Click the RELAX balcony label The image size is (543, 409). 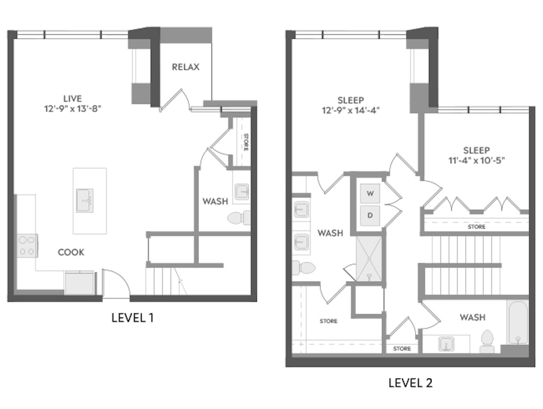(186, 67)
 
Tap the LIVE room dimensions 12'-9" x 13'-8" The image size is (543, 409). (73, 109)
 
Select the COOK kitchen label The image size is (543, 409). (71, 252)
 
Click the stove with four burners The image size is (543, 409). (27, 246)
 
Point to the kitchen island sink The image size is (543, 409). (85, 201)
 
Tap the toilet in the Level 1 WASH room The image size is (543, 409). (239, 218)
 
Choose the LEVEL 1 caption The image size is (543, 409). (132, 318)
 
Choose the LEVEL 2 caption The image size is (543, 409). (410, 383)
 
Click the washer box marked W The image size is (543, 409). (370, 194)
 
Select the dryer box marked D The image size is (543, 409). (370, 215)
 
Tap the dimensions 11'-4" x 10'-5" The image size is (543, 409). (477, 161)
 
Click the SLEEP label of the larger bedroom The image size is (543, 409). (351, 100)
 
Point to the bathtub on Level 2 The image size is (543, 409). (518, 322)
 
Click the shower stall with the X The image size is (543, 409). (369, 259)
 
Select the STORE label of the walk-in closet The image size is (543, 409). (328, 321)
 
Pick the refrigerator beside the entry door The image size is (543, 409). (79, 283)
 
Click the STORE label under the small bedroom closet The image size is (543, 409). (477, 227)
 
